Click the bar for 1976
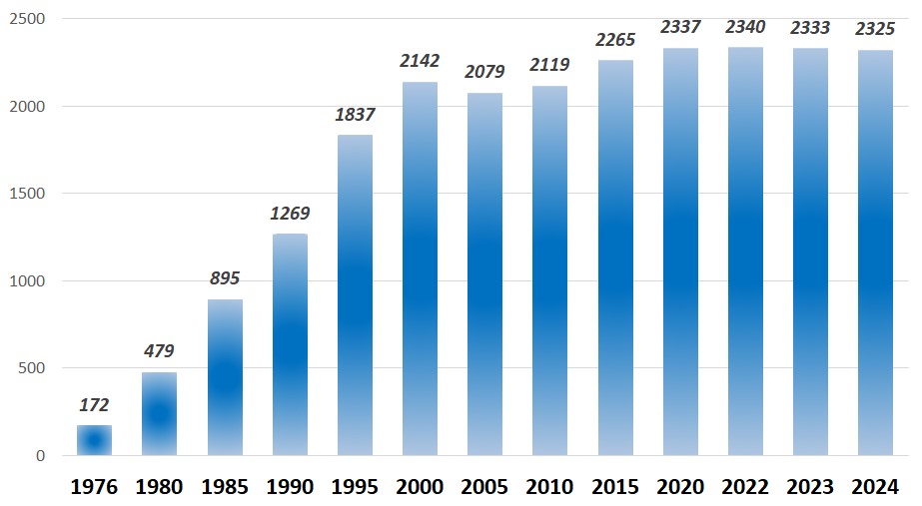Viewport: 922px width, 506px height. point(95,440)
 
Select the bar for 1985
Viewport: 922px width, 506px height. point(225,377)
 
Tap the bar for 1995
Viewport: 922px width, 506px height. point(355,295)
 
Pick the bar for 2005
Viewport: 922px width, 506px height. point(484,274)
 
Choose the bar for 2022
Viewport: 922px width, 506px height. point(745,252)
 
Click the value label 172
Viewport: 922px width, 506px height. point(95,405)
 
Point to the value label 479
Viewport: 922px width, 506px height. point(160,351)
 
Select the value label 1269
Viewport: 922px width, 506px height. point(290,214)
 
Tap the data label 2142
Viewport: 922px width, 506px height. point(420,61)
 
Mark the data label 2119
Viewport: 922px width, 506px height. point(549,65)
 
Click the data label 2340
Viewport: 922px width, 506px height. point(745,27)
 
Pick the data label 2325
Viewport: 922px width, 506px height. point(875,30)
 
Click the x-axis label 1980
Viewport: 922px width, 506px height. point(160,487)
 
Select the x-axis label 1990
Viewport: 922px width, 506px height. point(290,487)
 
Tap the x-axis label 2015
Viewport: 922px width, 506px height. point(615,487)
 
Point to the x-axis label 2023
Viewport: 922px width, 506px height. point(810,487)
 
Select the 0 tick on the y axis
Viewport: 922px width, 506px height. point(41,456)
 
